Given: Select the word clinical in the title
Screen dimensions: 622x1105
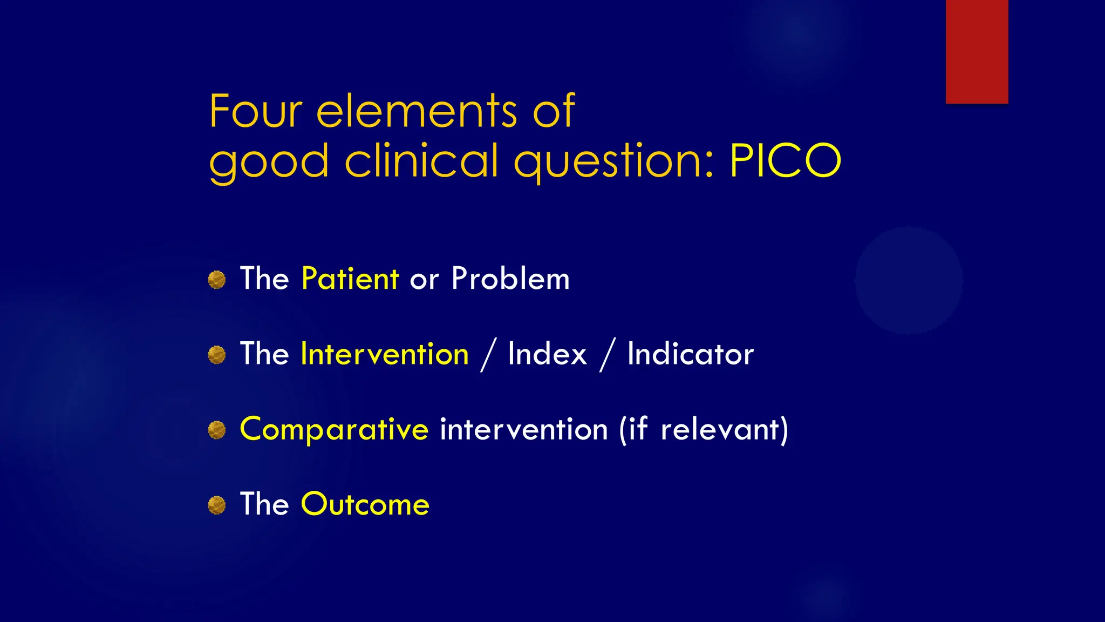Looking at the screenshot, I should [x=421, y=161].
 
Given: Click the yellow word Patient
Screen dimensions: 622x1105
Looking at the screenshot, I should [x=350, y=279].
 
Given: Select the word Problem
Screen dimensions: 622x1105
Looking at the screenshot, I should [x=510, y=279].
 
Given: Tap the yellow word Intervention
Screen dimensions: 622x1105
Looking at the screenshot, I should [x=385, y=354].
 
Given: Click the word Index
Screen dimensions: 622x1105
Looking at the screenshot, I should [x=547, y=354].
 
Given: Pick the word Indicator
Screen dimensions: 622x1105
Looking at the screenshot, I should [x=690, y=354].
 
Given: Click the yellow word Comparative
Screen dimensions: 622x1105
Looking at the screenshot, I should [x=334, y=430].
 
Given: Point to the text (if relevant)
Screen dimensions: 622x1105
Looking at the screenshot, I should [x=704, y=430].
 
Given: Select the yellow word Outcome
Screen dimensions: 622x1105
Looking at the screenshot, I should [x=365, y=504].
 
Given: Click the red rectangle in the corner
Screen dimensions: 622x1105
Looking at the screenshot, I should [x=977, y=51].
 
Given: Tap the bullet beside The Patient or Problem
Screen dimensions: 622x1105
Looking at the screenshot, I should [x=217, y=280].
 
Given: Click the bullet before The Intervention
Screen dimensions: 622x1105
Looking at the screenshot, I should [x=217, y=355].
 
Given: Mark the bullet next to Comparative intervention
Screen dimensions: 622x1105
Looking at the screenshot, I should [x=217, y=430].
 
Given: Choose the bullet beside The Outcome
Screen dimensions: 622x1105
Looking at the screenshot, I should [x=217, y=505].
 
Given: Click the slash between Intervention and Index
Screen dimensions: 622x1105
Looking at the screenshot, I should [x=488, y=355].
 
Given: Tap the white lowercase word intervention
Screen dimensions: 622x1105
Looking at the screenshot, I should [x=524, y=430].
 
